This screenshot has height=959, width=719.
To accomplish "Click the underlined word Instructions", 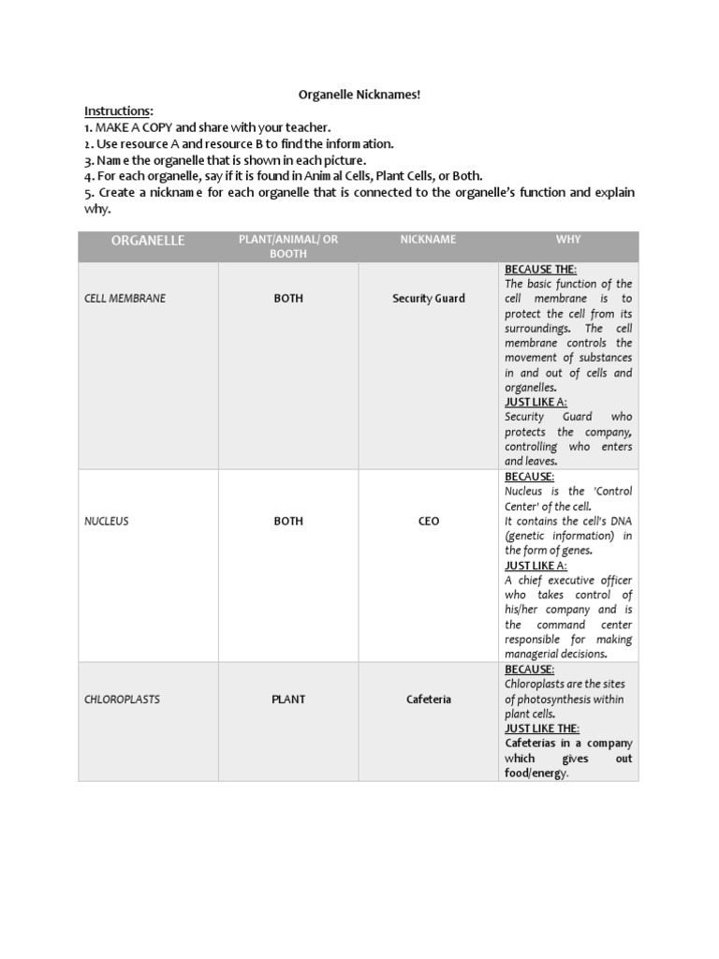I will click(x=118, y=111).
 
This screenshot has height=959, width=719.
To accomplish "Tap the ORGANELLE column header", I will click(x=148, y=241).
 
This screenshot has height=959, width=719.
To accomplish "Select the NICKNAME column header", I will click(x=428, y=240).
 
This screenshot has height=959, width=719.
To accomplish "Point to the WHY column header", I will click(x=568, y=240).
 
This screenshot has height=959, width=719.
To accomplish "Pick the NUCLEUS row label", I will click(x=107, y=522).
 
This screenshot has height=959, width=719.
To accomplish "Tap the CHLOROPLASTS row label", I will click(x=121, y=700).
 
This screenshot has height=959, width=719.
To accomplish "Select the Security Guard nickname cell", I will click(x=429, y=299).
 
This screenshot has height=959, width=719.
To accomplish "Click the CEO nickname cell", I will click(x=429, y=522).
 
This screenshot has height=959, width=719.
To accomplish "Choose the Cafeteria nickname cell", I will click(x=429, y=700).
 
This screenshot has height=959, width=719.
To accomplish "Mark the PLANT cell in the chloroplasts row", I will click(x=288, y=700).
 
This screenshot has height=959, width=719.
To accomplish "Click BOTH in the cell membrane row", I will click(x=288, y=299).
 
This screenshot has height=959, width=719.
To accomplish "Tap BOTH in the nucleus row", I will click(x=288, y=522).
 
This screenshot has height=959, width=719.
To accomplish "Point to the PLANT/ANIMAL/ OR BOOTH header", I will click(x=288, y=246).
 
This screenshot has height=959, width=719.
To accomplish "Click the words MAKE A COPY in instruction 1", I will click(x=133, y=127).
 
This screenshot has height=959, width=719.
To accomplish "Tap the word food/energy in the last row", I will click(x=536, y=773).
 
